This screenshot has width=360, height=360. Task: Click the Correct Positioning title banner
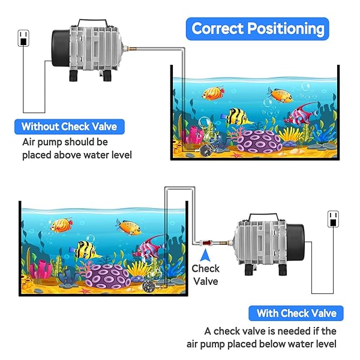(x=257, y=28)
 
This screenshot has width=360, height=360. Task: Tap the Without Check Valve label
(x=68, y=127)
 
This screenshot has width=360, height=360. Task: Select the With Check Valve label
(x=296, y=313)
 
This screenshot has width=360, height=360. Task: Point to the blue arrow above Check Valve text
(x=205, y=257)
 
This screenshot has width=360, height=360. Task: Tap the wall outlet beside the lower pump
(x=332, y=219)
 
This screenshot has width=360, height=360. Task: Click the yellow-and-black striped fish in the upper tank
(x=241, y=116)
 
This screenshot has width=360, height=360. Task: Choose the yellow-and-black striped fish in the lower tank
(x=88, y=250)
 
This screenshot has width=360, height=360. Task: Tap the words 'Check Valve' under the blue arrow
(x=206, y=274)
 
